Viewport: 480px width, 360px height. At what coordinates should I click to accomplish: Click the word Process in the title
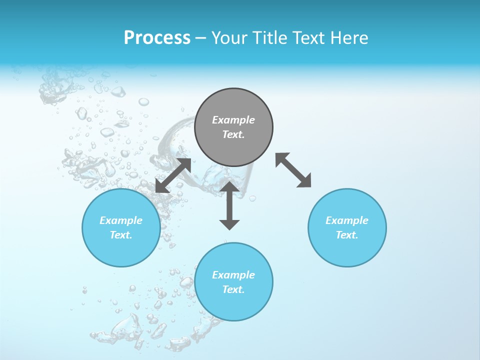(157, 38)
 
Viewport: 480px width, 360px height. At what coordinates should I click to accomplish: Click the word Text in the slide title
(308, 38)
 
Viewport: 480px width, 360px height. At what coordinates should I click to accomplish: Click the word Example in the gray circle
(233, 120)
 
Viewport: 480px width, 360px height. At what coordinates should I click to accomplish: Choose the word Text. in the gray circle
(233, 134)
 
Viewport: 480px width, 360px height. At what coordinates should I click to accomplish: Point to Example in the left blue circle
(121, 220)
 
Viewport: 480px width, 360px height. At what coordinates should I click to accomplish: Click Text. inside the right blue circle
(347, 235)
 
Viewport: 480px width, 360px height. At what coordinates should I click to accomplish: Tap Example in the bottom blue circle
(233, 275)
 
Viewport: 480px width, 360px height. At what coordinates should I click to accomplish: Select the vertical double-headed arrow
(229, 205)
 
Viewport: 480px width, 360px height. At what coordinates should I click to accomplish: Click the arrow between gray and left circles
(173, 175)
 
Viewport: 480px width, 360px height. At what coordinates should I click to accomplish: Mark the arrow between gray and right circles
(293, 170)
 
